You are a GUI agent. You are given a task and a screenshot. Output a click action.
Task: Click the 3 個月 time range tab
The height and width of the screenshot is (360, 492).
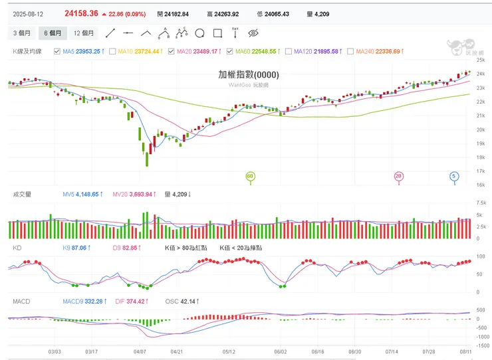pyautogui.click(x=23, y=33)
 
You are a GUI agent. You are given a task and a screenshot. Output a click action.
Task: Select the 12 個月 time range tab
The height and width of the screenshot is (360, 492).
pyautogui.click(x=83, y=33)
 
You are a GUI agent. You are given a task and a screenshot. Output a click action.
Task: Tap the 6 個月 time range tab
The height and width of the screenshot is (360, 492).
pyautogui.click(x=53, y=33)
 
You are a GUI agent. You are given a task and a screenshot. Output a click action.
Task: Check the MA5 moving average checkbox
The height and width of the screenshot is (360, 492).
pyautogui.click(x=57, y=51)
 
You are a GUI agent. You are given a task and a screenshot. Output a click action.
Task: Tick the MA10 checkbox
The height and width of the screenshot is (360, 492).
pyautogui.click(x=112, y=51)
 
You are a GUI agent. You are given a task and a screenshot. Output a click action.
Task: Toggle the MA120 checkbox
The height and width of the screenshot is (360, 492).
pyautogui.click(x=289, y=51)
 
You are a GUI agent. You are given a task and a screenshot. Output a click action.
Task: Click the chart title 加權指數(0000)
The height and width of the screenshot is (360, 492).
pyautogui.click(x=249, y=75)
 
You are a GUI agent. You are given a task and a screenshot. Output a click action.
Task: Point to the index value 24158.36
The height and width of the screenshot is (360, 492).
pyautogui.click(x=82, y=13)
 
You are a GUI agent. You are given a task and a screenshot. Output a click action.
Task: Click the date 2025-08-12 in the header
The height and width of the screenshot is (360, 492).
pyautogui.click(x=29, y=13)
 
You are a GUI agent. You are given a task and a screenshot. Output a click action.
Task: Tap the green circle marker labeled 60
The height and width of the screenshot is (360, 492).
pyautogui.click(x=251, y=176)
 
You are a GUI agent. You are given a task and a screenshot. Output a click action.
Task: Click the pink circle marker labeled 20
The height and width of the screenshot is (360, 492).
pyautogui.click(x=398, y=176)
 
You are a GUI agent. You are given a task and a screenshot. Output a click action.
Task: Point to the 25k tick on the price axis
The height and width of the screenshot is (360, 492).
pyautogui.click(x=481, y=60)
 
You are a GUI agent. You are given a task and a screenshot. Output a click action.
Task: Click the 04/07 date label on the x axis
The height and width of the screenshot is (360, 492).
pyautogui.click(x=140, y=351)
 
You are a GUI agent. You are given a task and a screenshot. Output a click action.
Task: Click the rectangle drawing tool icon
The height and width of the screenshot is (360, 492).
pyautogui.click(x=217, y=33)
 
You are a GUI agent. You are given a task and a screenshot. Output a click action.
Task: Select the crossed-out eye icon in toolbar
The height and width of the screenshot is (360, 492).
pyautogui.click(x=253, y=33)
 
